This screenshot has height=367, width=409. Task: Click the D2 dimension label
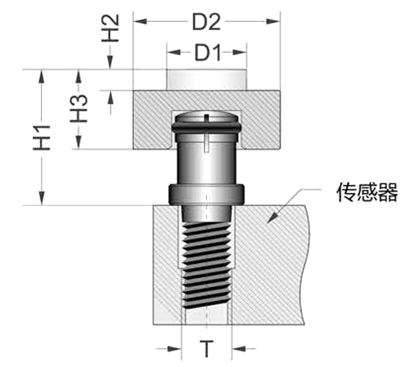(x=206, y=22)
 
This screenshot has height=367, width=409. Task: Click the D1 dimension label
(x=208, y=53)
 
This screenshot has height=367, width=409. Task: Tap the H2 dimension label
(x=111, y=28)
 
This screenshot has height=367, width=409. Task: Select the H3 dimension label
(x=78, y=109)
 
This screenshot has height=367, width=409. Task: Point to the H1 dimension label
(x=42, y=138)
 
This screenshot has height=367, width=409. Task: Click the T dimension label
(x=207, y=349)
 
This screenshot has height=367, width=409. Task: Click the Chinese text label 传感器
(x=367, y=192)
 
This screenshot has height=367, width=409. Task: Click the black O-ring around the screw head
(x=206, y=128)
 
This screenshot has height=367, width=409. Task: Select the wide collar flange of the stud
(x=206, y=195)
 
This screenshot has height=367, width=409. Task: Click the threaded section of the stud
(x=207, y=266)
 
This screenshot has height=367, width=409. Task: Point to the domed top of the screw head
(x=207, y=116)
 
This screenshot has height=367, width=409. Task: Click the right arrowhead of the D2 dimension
(x=273, y=21)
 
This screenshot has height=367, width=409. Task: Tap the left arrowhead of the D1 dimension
(x=174, y=52)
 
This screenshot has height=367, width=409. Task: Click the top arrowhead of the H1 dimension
(x=42, y=76)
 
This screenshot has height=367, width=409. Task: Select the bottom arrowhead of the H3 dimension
(x=78, y=142)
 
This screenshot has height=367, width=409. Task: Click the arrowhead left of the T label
(x=174, y=349)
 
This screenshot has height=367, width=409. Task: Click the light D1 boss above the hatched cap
(x=207, y=80)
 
